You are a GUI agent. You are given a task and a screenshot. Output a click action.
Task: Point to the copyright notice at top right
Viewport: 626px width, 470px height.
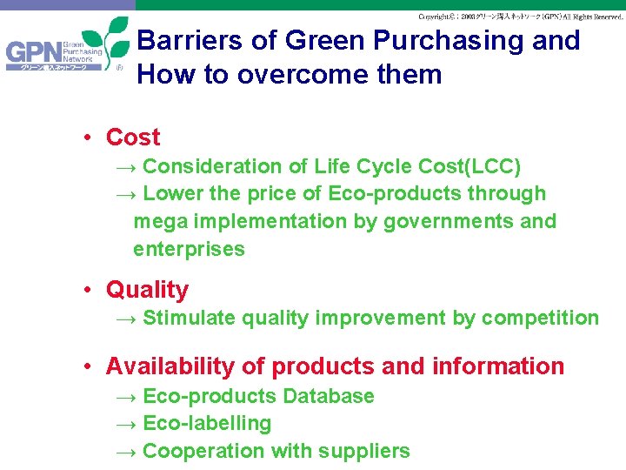tap(520, 17)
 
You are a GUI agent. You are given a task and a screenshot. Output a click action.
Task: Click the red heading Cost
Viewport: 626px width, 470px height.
tap(133, 138)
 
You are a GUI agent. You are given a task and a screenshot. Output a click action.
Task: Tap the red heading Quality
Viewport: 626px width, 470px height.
tap(147, 290)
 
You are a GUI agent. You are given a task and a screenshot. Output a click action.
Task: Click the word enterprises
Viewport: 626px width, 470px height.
tap(189, 250)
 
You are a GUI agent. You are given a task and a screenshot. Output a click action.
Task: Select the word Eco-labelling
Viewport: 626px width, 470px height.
tap(207, 424)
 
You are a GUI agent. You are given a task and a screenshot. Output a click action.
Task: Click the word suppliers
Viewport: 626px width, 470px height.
tap(366, 452)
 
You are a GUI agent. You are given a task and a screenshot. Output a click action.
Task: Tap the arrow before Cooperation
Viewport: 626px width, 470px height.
tap(126, 452)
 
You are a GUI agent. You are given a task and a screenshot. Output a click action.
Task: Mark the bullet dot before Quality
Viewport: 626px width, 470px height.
tap(90, 291)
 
